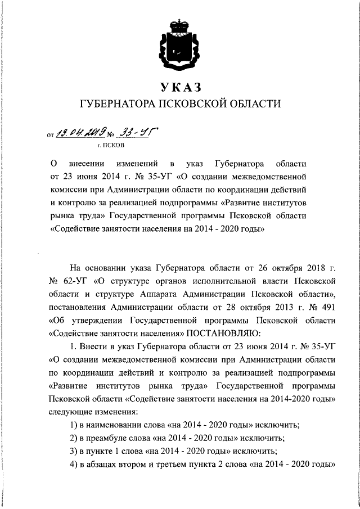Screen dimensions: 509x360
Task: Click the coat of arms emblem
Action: point(179,43)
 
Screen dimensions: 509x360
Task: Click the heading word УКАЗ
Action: point(179,87)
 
